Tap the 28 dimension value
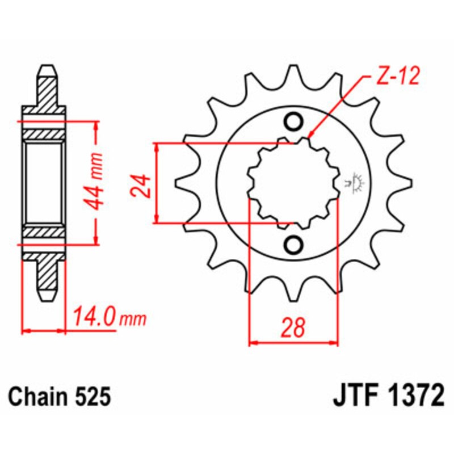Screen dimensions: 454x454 point(293,328)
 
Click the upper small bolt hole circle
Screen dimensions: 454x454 point(293,122)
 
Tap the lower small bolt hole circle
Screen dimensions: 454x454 point(293,245)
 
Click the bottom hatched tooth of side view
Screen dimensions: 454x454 point(48,278)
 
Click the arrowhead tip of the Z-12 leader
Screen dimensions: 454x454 point(310,137)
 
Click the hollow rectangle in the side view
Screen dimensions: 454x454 point(43,183)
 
